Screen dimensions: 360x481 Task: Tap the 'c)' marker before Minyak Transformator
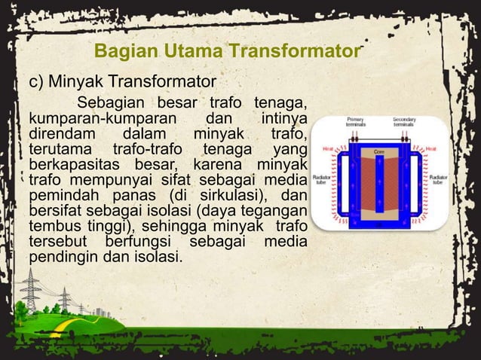pyautogui.click(x=37, y=81)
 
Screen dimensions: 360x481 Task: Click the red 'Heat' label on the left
pyautogui.click(x=321, y=149)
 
